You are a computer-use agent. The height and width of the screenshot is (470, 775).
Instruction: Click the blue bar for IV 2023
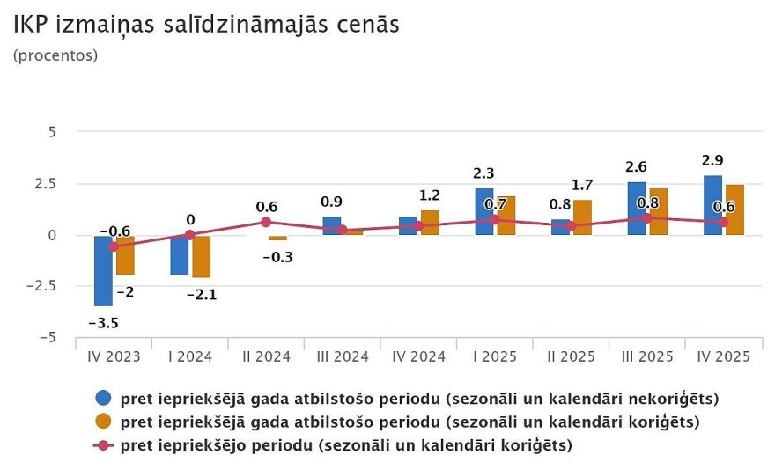pyautogui.click(x=103, y=270)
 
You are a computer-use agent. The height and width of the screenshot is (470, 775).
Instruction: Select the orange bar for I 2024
pyautogui.click(x=201, y=256)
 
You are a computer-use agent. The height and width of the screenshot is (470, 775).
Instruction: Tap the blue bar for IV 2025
pyautogui.click(x=712, y=205)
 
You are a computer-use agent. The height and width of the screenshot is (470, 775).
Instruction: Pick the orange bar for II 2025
pyautogui.click(x=582, y=217)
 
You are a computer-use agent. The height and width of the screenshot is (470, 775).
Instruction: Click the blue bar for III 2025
pyautogui.click(x=636, y=209)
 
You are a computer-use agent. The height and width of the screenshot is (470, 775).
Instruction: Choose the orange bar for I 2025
pyautogui.click(x=506, y=216)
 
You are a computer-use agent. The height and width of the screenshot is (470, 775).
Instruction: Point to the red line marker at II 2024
pyautogui.click(x=266, y=222)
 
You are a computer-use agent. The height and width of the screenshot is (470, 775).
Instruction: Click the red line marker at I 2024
pyautogui.click(x=189, y=235)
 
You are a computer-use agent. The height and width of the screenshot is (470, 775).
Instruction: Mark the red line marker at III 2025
pyautogui.click(x=647, y=217)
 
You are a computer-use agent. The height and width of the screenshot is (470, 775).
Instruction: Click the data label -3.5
pyautogui.click(x=103, y=323)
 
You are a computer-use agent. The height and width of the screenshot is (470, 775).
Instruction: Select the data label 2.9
pyautogui.click(x=712, y=160)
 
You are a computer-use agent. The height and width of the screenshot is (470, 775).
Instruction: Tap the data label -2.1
pyautogui.click(x=201, y=295)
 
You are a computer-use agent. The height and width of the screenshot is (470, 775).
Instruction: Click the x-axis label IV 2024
pyautogui.click(x=417, y=356)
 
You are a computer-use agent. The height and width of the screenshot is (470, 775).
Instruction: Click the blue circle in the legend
pyautogui.click(x=104, y=398)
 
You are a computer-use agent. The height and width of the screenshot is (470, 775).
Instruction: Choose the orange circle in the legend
pyautogui.click(x=104, y=422)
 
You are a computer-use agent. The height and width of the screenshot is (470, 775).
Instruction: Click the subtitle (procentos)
pyautogui.click(x=55, y=55)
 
